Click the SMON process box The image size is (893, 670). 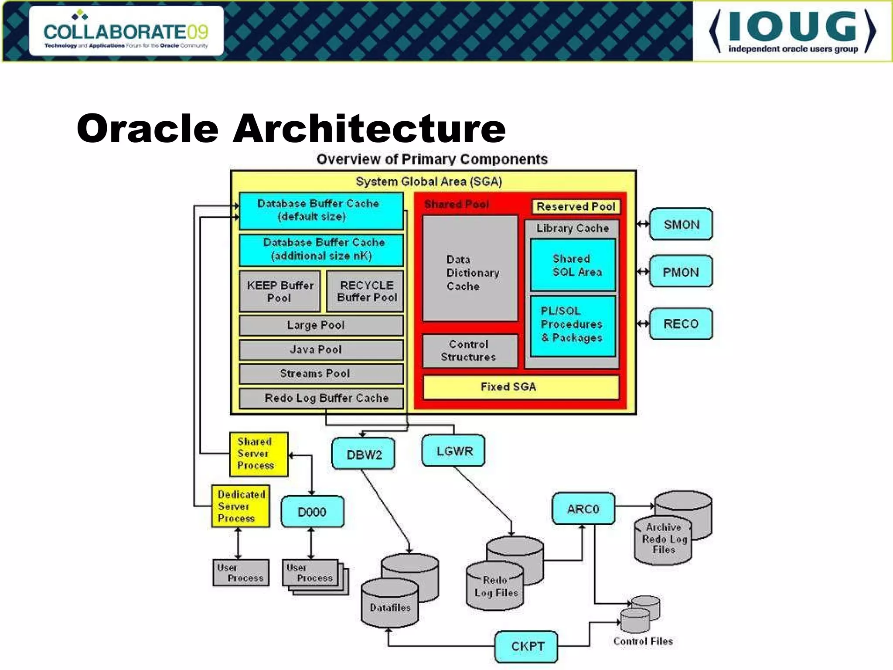[681, 224]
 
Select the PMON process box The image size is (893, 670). [681, 272]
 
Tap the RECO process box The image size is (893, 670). [681, 324]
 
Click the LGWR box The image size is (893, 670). [453, 451]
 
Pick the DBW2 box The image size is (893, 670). [363, 455]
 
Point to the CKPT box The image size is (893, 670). [526, 646]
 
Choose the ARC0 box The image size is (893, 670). [583, 509]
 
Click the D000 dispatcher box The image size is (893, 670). [312, 512]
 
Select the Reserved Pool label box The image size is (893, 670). [576, 206]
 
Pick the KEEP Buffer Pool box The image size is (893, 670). [280, 291]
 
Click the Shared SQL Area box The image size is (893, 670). [573, 265]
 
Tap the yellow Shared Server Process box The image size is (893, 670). [259, 454]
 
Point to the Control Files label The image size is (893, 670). [643, 641]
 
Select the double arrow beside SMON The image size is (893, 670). [643, 224]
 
